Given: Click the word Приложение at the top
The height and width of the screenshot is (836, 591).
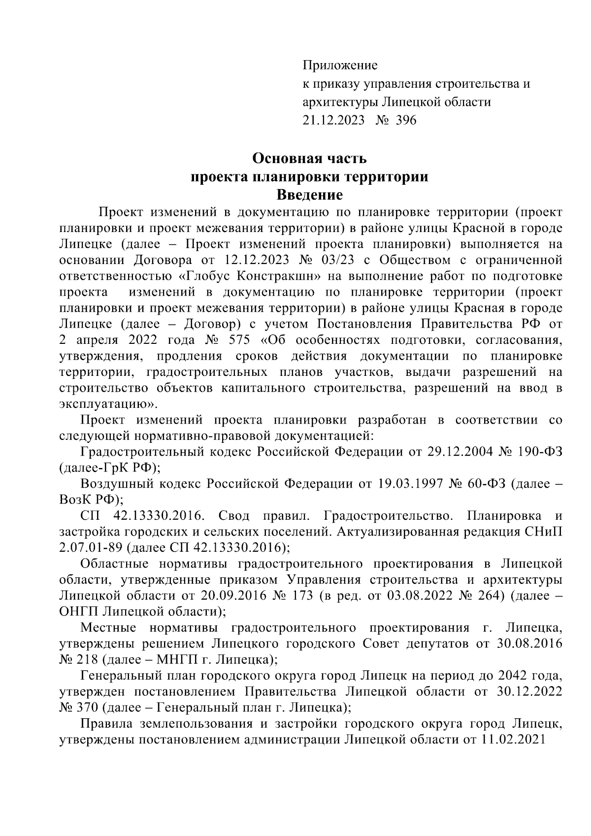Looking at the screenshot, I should (339, 65).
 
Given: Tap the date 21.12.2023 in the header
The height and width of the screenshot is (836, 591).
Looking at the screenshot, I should (333, 120).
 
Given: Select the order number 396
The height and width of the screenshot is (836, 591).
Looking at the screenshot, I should (405, 120).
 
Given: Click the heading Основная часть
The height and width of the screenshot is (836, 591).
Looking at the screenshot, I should (309, 159).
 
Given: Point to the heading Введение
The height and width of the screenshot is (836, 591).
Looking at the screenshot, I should (309, 195).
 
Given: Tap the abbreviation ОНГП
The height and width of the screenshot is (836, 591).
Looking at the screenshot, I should (78, 611).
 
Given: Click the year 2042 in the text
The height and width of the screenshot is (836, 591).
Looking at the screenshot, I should (516, 675).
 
